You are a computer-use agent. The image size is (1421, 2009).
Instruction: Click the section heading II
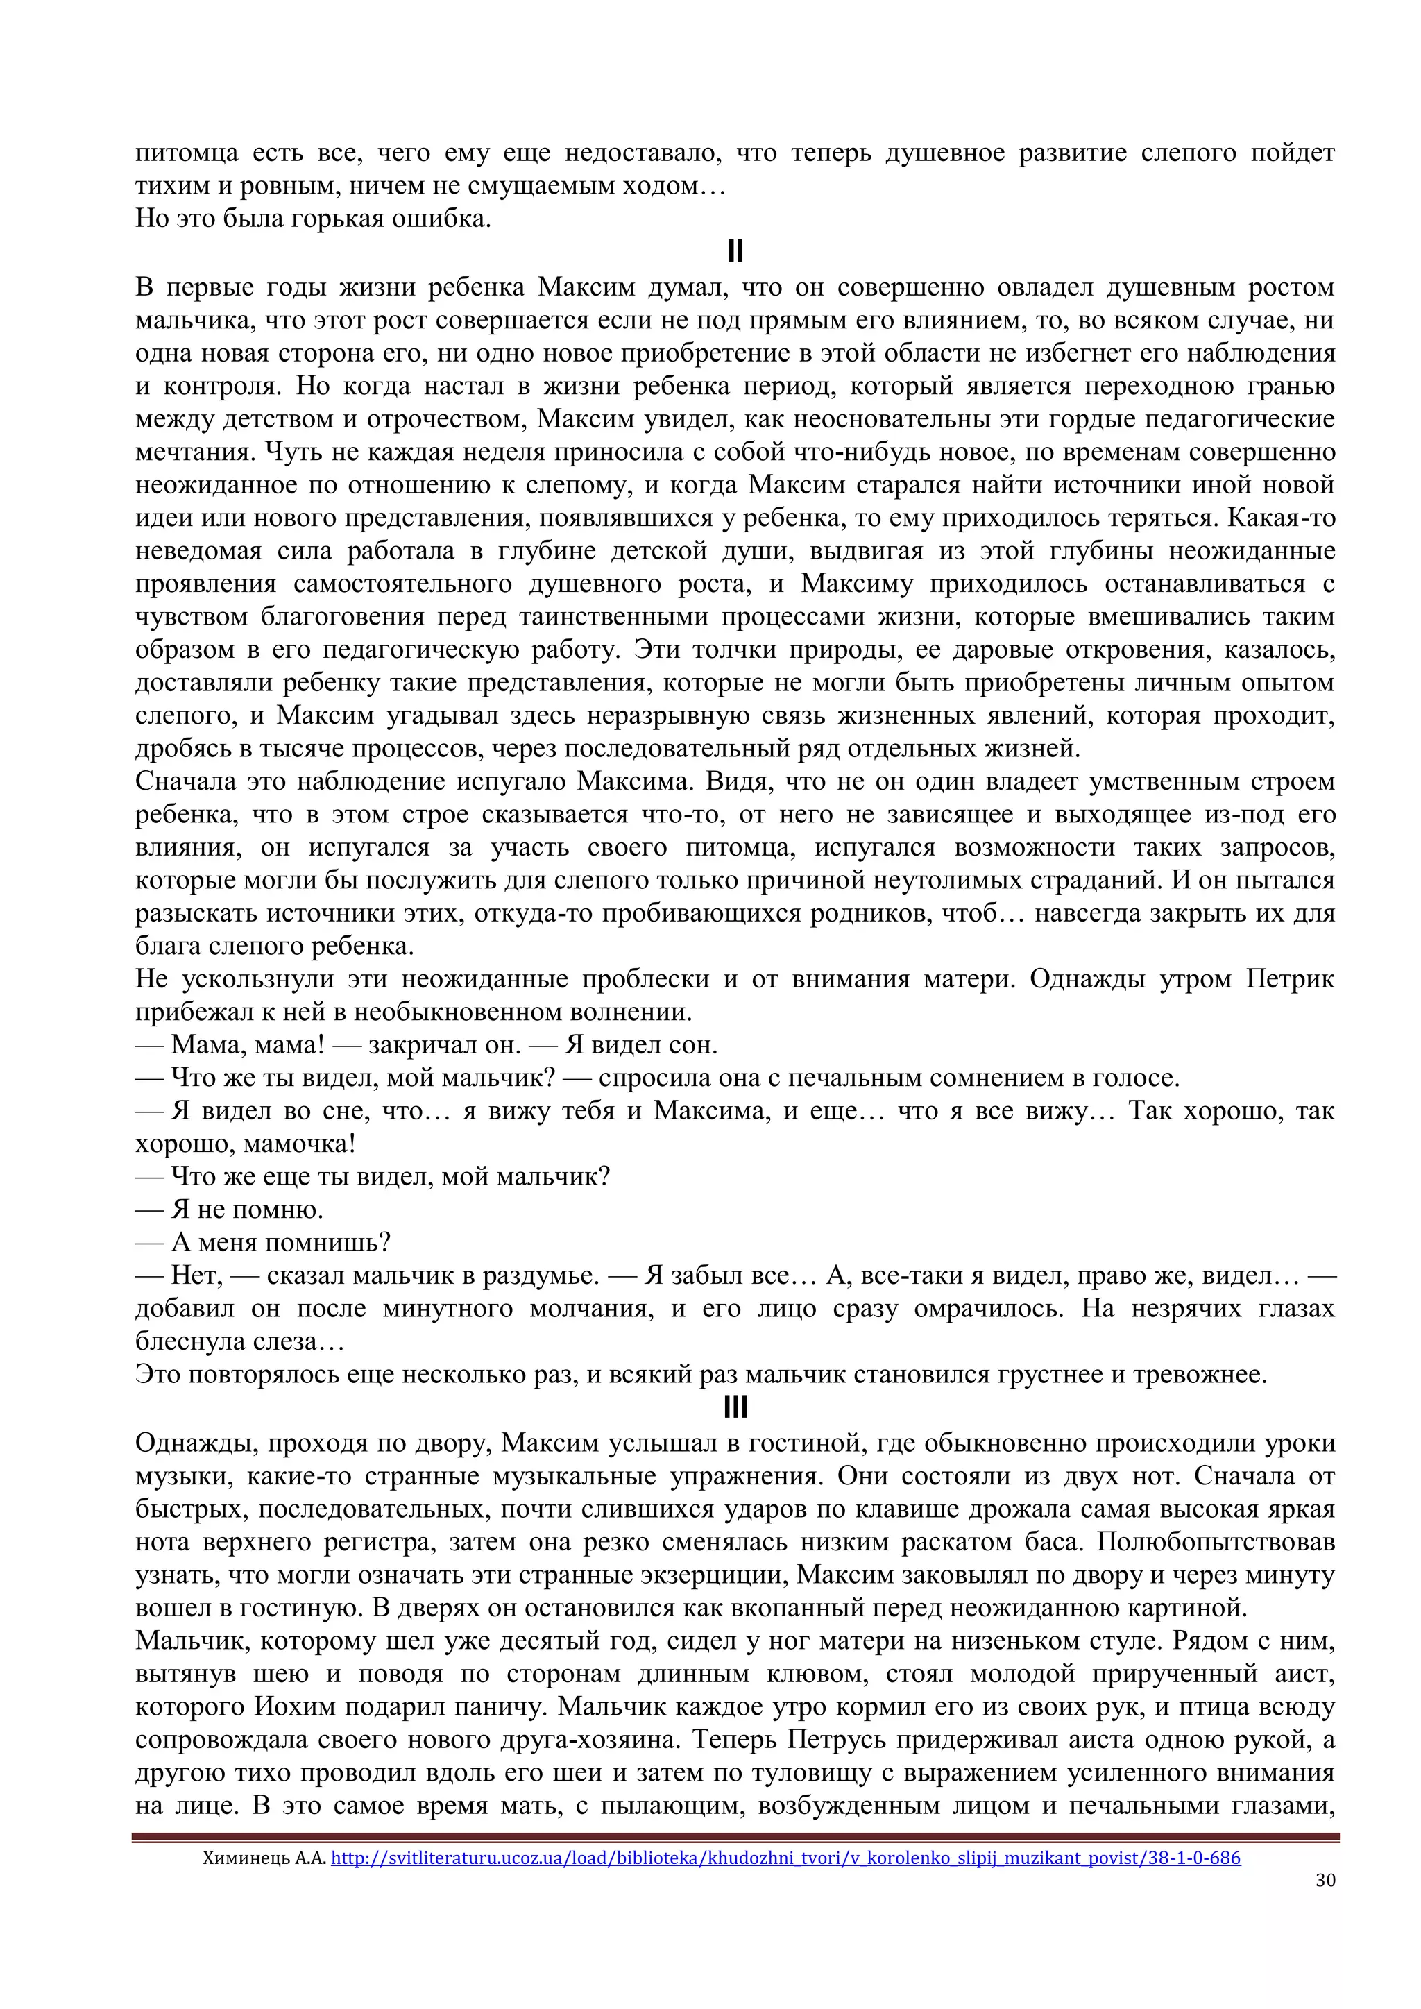[735, 252]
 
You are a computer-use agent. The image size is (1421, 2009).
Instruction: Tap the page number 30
[1325, 1881]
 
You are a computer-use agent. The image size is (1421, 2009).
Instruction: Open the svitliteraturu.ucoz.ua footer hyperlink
[785, 1858]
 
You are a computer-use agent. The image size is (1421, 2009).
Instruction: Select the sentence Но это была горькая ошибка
[312, 219]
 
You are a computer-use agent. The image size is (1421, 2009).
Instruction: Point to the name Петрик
[1290, 979]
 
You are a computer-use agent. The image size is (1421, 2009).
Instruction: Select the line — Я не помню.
[229, 1210]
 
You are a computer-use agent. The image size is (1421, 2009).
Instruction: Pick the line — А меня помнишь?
[262, 1242]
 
